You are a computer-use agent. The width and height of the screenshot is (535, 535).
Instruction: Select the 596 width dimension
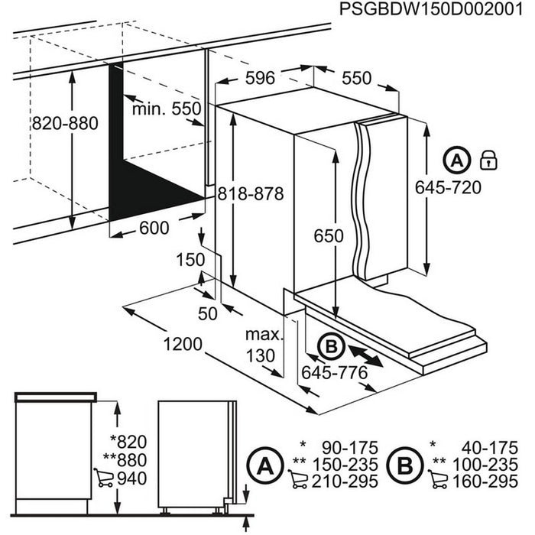pyautogui.click(x=261, y=77)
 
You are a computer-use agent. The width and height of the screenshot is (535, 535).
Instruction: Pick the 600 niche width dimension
pyautogui.click(x=154, y=228)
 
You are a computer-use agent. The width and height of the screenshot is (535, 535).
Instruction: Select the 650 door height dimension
pyautogui.click(x=329, y=236)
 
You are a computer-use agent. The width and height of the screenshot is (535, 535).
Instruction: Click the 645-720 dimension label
pyautogui.click(x=448, y=187)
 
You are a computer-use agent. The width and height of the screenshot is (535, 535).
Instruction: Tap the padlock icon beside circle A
pyautogui.click(x=487, y=160)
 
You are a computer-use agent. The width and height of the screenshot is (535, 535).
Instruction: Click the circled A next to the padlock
pyautogui.click(x=456, y=161)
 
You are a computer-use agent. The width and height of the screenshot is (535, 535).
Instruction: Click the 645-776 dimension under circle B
pyautogui.click(x=335, y=373)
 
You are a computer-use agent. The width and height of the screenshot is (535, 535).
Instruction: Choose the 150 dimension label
pyautogui.click(x=190, y=259)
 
